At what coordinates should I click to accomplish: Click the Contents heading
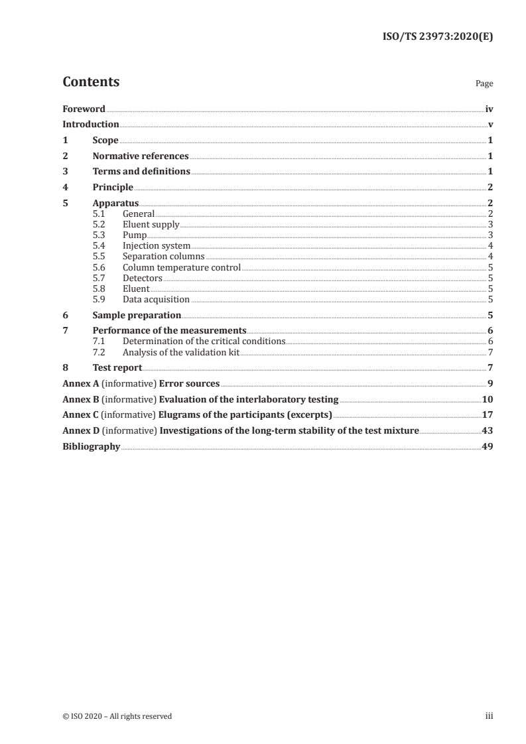pyautogui.click(x=91, y=82)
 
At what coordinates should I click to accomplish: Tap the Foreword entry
pyautogui.click(x=84, y=109)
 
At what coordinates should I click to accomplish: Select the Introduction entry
pyautogui.click(x=91, y=124)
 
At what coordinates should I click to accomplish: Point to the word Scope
pyautogui.click(x=105, y=140)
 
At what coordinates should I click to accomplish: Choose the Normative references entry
pyautogui.click(x=141, y=156)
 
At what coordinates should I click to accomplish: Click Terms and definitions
pyautogui.click(x=141, y=172)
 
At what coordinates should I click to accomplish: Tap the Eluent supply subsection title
pyautogui.click(x=151, y=225)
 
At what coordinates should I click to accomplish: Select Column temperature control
pyautogui.click(x=181, y=268)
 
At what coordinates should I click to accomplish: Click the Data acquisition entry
pyautogui.click(x=156, y=300)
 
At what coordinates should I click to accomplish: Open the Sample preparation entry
pyautogui.click(x=137, y=316)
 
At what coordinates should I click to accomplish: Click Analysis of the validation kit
pyautogui.click(x=180, y=352)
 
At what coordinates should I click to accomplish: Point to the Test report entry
pyautogui.click(x=117, y=368)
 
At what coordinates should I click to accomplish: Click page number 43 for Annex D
pyautogui.click(x=487, y=431)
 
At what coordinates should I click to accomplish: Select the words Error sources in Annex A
pyautogui.click(x=189, y=383)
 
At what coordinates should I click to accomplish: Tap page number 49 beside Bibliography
pyautogui.click(x=487, y=447)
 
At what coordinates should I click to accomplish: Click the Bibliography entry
pyautogui.click(x=91, y=447)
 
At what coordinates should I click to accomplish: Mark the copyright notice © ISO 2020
pyautogui.click(x=117, y=716)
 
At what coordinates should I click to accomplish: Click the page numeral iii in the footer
pyautogui.click(x=489, y=716)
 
